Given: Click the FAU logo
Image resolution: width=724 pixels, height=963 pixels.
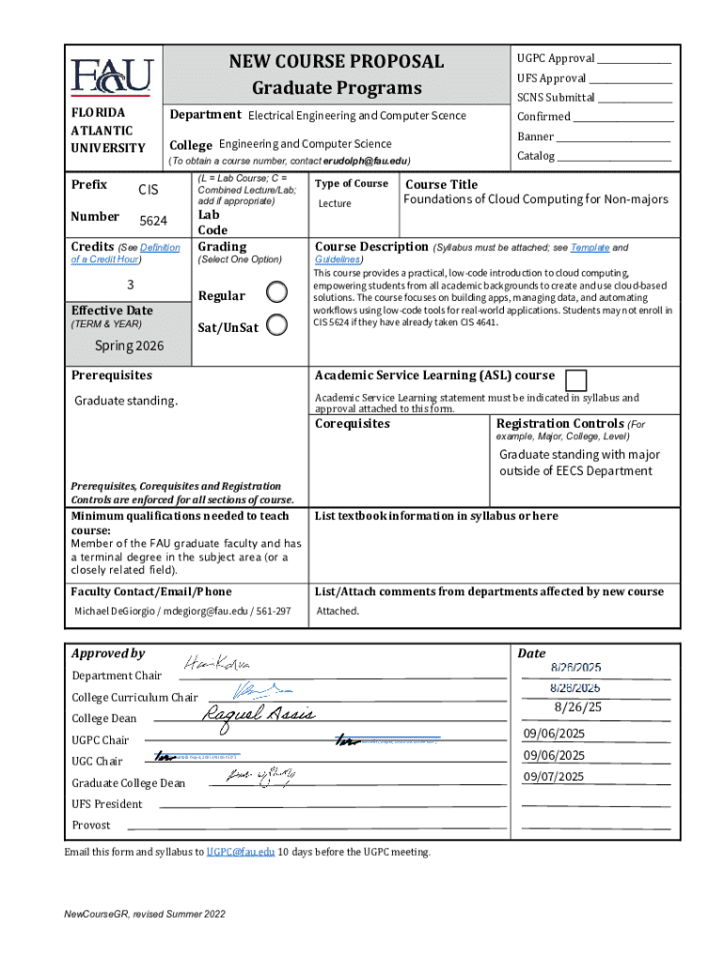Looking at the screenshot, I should click(x=111, y=76).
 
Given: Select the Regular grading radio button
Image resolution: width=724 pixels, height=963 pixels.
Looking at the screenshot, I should click(x=276, y=292).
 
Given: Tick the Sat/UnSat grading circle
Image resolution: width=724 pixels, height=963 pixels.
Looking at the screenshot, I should click(x=276, y=324).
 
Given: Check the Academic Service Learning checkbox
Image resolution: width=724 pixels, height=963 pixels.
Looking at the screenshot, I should click(x=576, y=380).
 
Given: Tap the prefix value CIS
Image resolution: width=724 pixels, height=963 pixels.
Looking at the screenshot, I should click(x=149, y=190).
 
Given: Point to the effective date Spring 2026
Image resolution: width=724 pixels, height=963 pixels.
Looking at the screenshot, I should click(x=129, y=345).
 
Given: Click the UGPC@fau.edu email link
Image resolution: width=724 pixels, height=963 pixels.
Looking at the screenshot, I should click(x=241, y=852).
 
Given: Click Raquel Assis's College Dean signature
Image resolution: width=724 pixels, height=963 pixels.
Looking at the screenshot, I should click(x=259, y=716).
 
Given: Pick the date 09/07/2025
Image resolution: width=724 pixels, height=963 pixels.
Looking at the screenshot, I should click(x=554, y=776).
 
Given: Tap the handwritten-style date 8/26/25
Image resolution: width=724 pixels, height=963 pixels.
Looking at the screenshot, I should click(x=578, y=707).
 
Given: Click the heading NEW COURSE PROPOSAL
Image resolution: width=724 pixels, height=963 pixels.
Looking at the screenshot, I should click(x=336, y=62).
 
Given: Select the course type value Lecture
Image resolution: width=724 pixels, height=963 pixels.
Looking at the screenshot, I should click(x=334, y=203).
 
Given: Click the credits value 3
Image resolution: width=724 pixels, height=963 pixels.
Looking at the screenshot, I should click(x=130, y=285).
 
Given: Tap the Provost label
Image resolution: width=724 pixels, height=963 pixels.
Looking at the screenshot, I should click(x=91, y=825).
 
